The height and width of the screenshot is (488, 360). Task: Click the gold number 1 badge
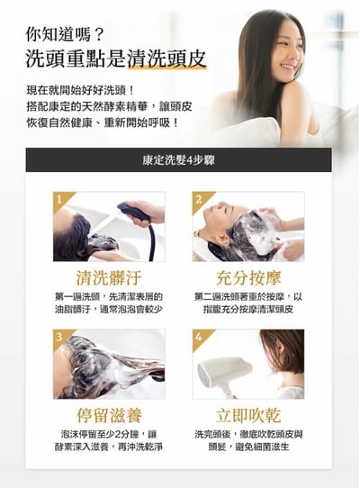[58, 198]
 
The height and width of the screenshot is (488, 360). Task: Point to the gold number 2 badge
[198, 198]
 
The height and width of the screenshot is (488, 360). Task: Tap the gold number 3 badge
[58, 336]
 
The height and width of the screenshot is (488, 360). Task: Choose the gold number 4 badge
[198, 336]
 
